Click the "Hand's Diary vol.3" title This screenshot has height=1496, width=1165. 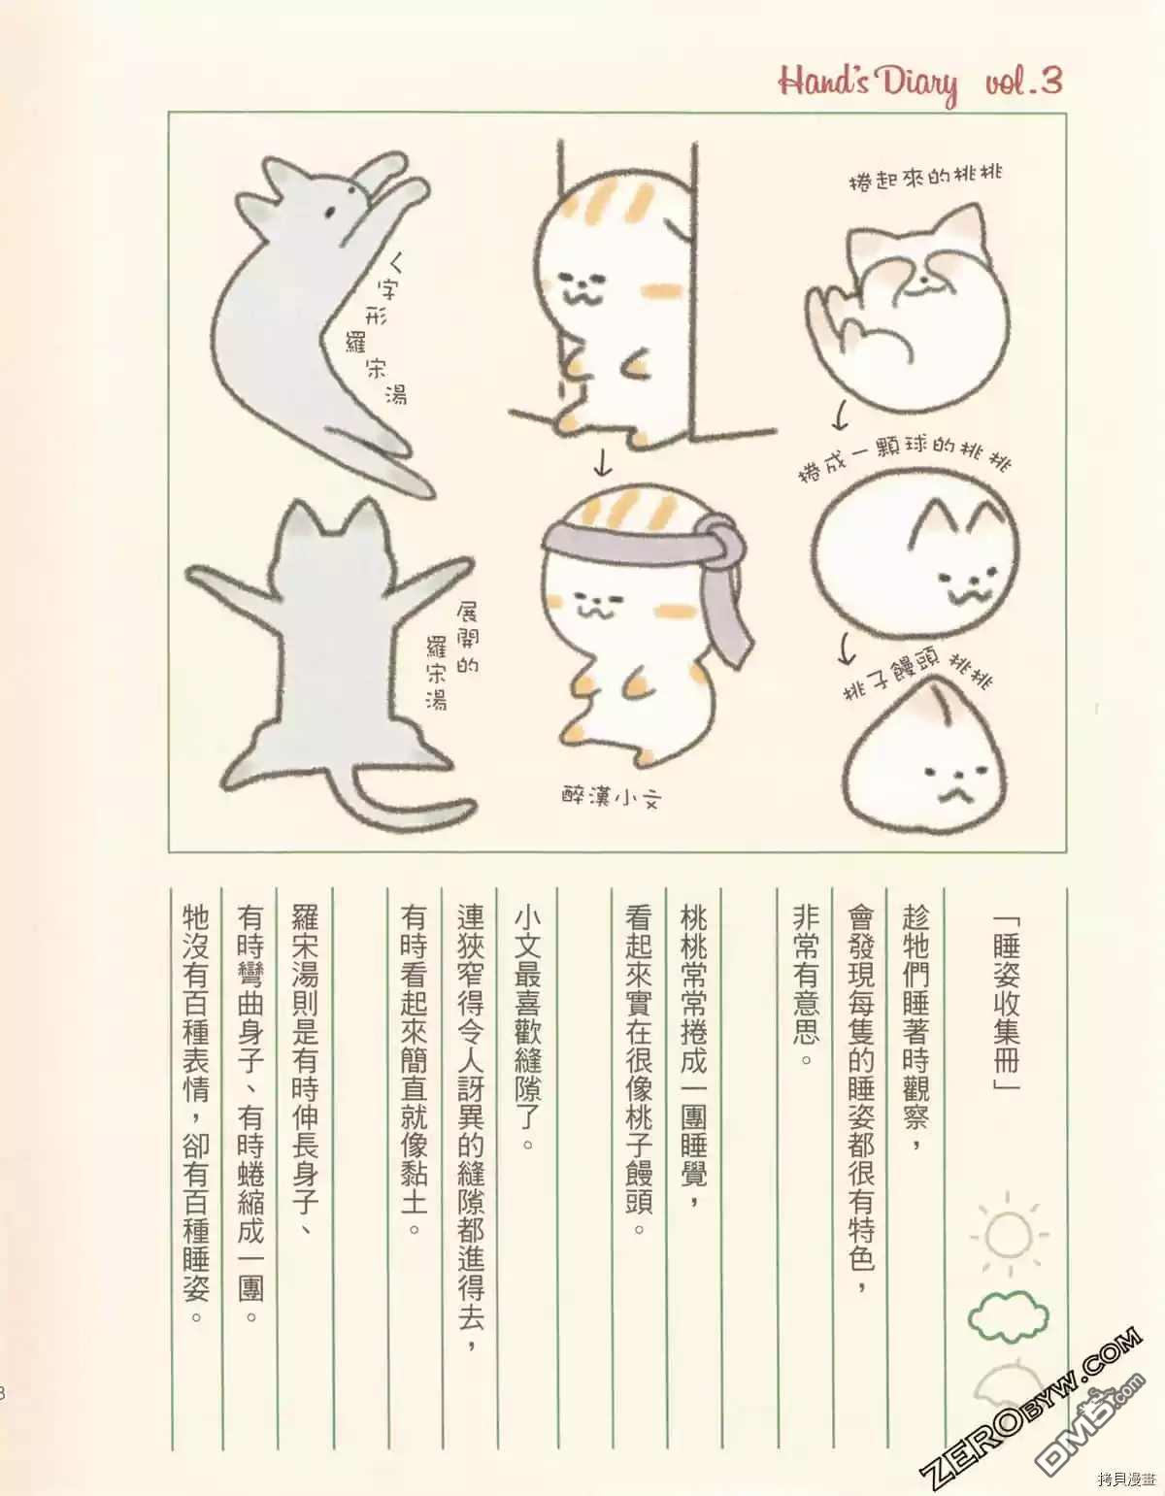point(920,84)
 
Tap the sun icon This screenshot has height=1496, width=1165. point(1009,1235)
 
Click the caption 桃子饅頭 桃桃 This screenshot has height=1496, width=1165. point(918,676)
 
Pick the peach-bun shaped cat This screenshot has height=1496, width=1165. point(931,757)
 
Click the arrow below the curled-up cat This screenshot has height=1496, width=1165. point(840,416)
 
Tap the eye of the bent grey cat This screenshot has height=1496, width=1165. point(331,211)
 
